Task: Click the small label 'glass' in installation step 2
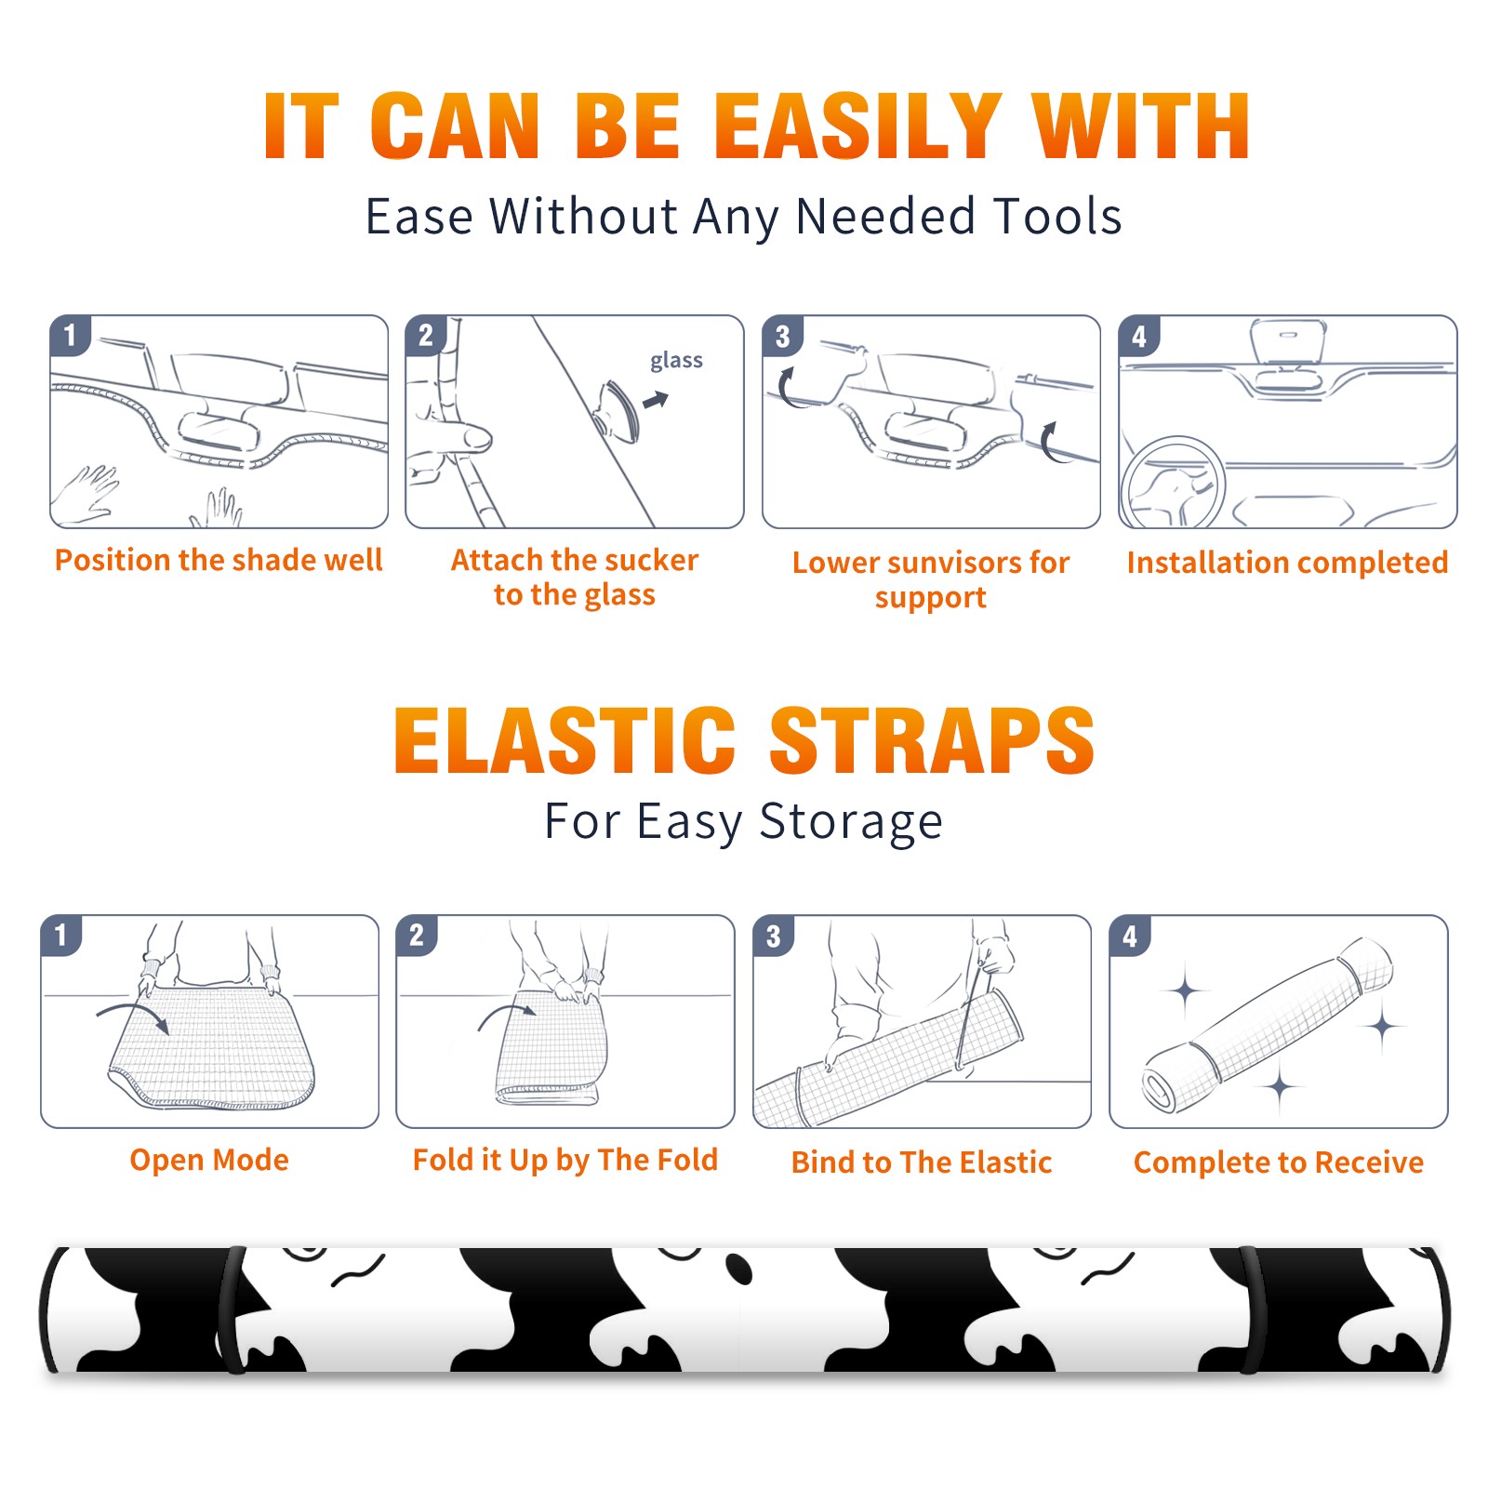pyautogui.click(x=676, y=361)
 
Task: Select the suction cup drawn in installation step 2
pyautogui.click(x=618, y=410)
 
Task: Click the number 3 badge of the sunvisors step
pyautogui.click(x=782, y=336)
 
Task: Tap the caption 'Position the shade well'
pyautogui.click(x=219, y=560)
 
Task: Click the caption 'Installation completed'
pyautogui.click(x=1287, y=562)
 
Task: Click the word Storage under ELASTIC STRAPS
pyautogui.click(x=851, y=822)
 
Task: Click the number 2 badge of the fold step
pyautogui.click(x=417, y=935)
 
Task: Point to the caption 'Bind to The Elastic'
pyautogui.click(x=921, y=1162)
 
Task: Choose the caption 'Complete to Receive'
pyautogui.click(x=1278, y=1162)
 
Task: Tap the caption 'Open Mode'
pyautogui.click(x=209, y=1160)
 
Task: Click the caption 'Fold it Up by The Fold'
pyautogui.click(x=565, y=1160)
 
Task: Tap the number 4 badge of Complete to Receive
pyautogui.click(x=1130, y=935)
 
